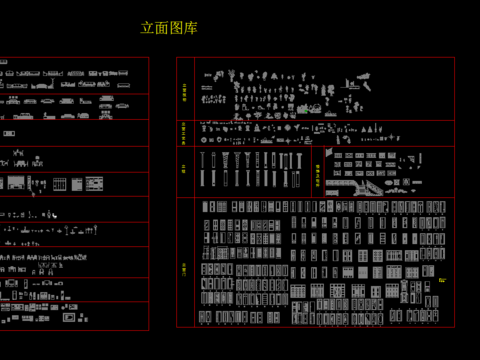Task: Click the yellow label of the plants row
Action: (184, 91)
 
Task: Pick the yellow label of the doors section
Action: (184, 268)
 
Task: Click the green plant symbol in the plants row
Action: (303, 107)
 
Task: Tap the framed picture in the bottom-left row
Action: (69, 317)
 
